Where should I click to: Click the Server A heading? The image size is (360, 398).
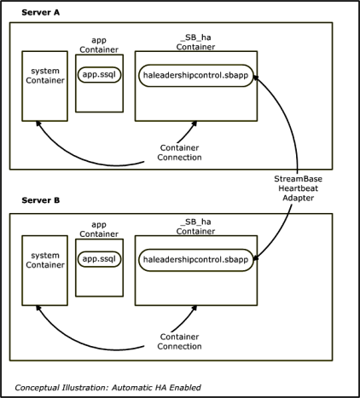(x=41, y=13)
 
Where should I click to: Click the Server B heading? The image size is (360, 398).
(x=41, y=200)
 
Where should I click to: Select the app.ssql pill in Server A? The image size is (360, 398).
(x=99, y=75)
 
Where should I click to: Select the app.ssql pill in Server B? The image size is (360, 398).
(x=99, y=259)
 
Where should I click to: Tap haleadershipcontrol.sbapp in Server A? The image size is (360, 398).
(x=196, y=76)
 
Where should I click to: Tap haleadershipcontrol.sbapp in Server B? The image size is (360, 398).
(x=196, y=260)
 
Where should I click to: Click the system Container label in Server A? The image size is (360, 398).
(x=45, y=76)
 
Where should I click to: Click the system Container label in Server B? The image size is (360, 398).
(x=45, y=260)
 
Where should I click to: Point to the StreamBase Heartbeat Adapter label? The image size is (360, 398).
(x=298, y=188)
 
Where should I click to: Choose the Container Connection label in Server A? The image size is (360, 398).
(x=179, y=153)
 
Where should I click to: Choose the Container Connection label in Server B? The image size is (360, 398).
(x=179, y=342)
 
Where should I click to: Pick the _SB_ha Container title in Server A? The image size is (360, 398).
(x=195, y=42)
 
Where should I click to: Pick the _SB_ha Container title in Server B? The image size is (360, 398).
(x=195, y=227)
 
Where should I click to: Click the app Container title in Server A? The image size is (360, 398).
(x=99, y=45)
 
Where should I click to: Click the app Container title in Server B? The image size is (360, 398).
(x=99, y=229)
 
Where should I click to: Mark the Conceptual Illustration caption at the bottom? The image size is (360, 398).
(x=107, y=388)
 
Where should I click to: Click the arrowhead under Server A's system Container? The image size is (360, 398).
(x=38, y=124)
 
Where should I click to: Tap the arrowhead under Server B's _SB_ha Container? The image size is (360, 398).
(x=195, y=308)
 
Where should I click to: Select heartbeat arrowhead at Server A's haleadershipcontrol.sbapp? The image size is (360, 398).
(x=256, y=78)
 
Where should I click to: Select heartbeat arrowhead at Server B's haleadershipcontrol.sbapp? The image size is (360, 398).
(x=256, y=258)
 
